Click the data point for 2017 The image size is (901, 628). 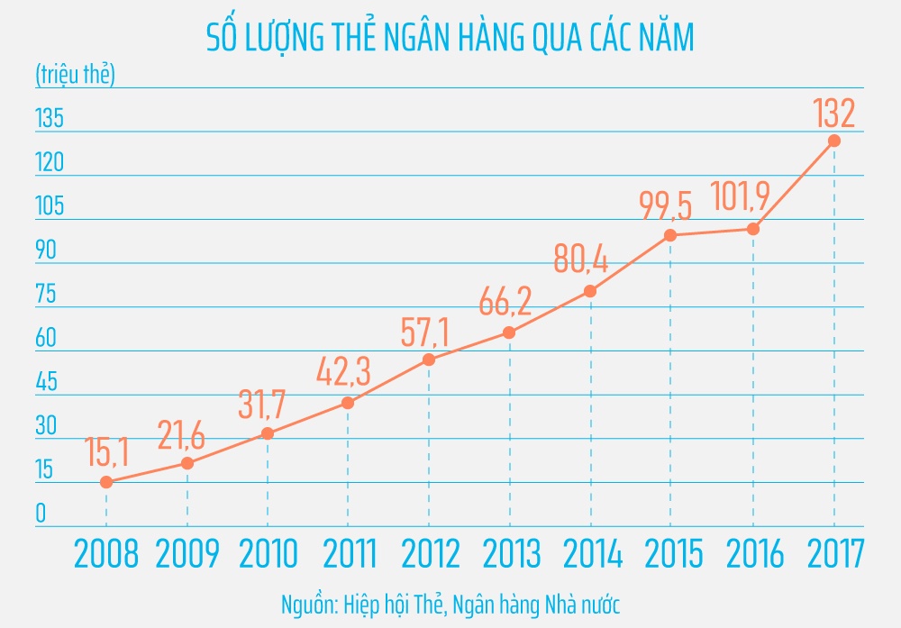click(x=834, y=141)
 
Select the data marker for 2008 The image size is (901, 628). click(x=106, y=482)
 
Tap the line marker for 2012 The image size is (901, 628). click(x=429, y=360)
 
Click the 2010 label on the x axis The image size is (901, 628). click(x=268, y=554)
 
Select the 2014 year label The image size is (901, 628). click(x=590, y=554)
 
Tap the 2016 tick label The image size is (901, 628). click(x=752, y=554)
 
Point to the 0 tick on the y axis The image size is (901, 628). click(x=41, y=514)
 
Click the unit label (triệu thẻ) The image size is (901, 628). click(x=76, y=75)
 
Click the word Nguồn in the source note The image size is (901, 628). click(x=307, y=602)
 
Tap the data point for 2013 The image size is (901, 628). click(x=510, y=332)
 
